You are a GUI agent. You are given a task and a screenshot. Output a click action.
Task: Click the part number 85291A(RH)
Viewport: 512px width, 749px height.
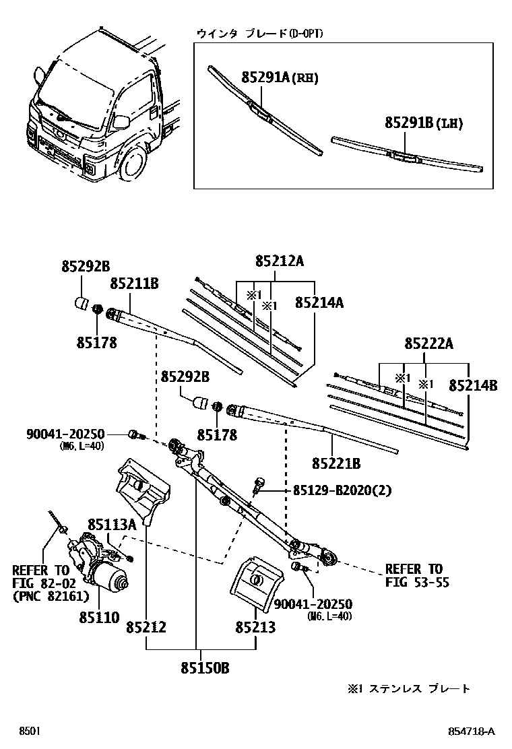pyautogui.click(x=280, y=78)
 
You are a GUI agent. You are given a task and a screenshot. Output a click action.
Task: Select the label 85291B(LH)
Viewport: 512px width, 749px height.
pyautogui.click(x=424, y=123)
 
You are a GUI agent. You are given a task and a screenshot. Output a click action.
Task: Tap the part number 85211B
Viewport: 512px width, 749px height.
pyautogui.click(x=134, y=284)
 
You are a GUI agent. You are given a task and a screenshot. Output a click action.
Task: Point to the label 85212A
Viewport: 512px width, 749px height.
pyautogui.click(x=279, y=261)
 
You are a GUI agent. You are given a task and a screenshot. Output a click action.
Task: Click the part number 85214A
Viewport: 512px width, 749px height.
pyautogui.click(x=319, y=303)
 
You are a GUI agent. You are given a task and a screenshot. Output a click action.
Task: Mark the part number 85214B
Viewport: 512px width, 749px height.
pyautogui.click(x=473, y=386)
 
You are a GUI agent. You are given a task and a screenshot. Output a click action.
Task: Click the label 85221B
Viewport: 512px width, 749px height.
pyautogui.click(x=336, y=463)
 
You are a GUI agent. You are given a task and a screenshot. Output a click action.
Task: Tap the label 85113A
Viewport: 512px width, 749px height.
pyautogui.click(x=111, y=523)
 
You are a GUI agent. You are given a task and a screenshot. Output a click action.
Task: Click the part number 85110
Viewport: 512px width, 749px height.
pyautogui.click(x=98, y=617)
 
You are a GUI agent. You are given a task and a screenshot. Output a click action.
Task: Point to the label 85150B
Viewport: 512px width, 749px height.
pyautogui.click(x=205, y=668)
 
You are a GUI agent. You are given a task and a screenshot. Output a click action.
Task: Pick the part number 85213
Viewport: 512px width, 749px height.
pyautogui.click(x=255, y=628)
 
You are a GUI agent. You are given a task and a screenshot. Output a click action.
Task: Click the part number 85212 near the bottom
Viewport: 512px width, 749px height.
pyautogui.click(x=146, y=628)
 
